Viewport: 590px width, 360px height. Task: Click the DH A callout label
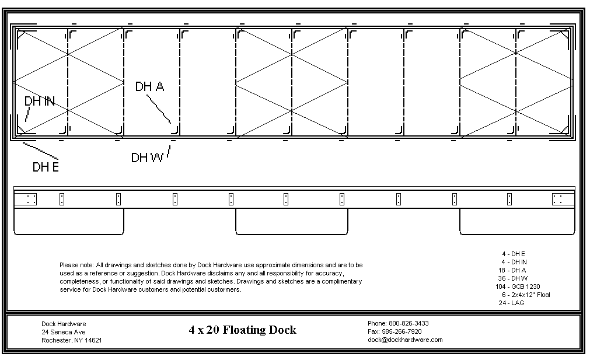tap(149, 87)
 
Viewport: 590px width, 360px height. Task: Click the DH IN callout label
tap(39, 102)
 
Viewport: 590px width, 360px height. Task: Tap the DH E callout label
tap(46, 167)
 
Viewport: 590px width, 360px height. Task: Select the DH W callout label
tap(147, 158)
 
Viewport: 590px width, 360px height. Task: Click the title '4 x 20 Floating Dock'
tap(242, 330)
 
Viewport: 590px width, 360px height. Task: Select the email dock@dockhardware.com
tap(405, 340)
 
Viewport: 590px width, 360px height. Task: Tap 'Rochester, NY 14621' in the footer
tap(72, 340)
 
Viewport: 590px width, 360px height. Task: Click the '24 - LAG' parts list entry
tap(512, 303)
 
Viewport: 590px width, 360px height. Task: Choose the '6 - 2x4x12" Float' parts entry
tap(526, 295)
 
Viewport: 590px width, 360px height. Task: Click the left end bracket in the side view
tap(26, 199)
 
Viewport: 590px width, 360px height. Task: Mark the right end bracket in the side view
tap(561, 199)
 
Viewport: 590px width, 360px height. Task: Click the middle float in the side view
tap(291, 222)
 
